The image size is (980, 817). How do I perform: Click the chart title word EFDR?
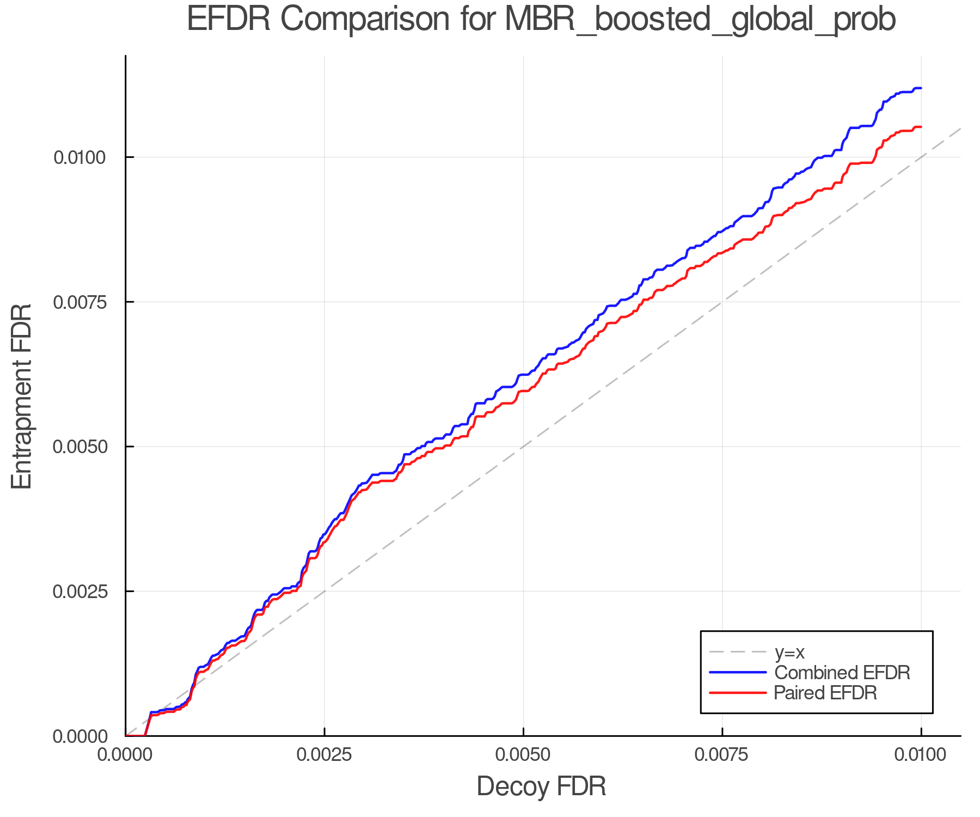229,20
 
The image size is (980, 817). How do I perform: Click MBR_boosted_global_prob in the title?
700,21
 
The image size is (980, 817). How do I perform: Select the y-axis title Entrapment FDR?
22,396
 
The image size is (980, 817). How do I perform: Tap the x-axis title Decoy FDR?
541,786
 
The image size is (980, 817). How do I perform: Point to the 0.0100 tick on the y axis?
79,157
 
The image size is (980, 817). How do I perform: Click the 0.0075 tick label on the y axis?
79,302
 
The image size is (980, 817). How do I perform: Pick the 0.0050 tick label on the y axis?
79,447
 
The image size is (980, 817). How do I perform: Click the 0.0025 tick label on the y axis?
79,592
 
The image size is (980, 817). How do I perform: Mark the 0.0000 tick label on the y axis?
79,736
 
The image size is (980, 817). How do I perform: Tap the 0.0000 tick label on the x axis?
126,755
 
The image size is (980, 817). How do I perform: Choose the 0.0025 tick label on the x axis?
324,755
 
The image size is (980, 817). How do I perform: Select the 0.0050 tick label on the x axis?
523,755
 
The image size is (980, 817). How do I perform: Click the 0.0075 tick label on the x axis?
722,755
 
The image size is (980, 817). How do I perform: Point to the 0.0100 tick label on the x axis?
921,755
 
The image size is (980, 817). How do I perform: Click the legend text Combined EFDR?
842,673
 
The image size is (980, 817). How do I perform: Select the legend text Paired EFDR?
825,693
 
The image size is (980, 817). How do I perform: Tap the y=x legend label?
789,652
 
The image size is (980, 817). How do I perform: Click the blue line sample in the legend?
738,673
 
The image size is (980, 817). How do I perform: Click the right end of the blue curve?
920,88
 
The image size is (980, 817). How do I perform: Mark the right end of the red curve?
920,127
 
